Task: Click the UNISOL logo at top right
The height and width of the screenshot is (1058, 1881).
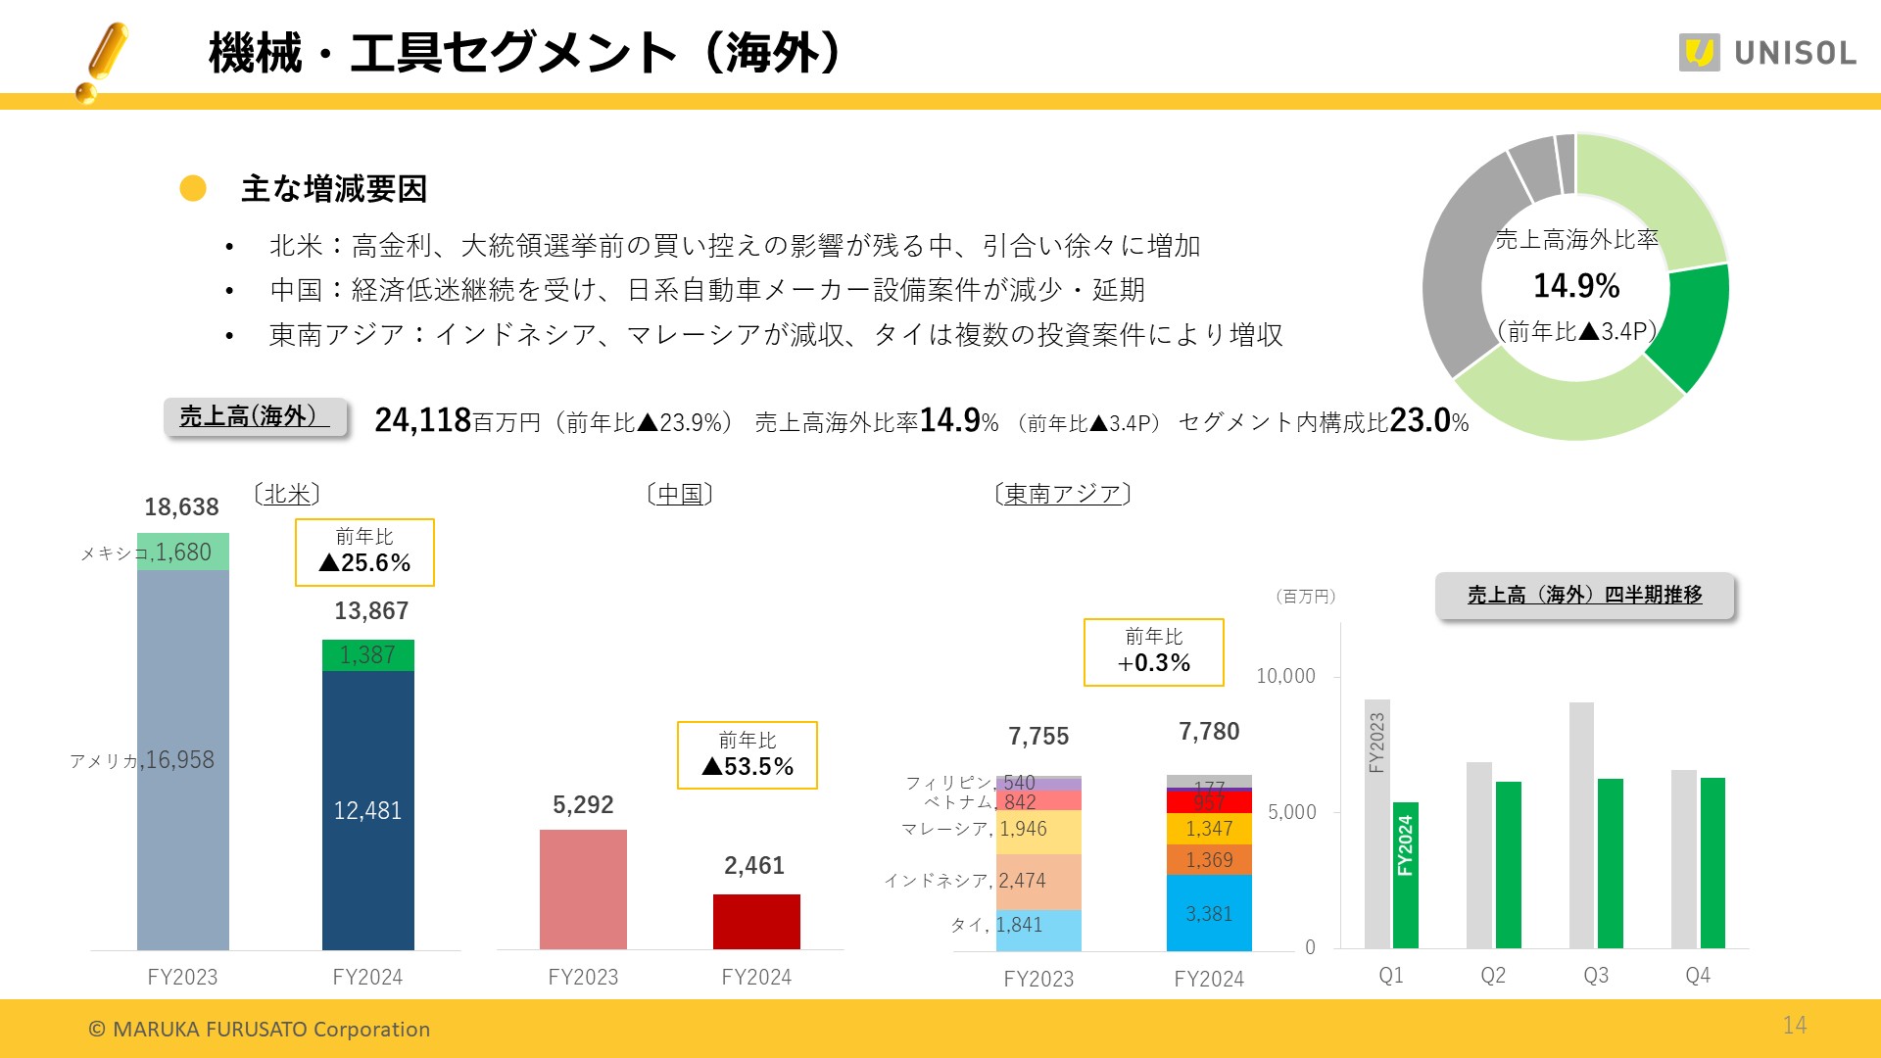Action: pyautogui.click(x=1767, y=52)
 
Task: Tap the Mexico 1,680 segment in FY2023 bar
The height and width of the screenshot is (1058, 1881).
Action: pyautogui.click(x=183, y=552)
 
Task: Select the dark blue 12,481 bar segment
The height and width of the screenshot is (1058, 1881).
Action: pyautogui.click(x=367, y=809)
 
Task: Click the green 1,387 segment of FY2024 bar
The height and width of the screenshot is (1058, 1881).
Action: pyautogui.click(x=367, y=654)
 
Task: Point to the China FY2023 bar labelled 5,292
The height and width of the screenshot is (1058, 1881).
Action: pyautogui.click(x=583, y=889)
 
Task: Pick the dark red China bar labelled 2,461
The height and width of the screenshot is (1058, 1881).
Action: pyautogui.click(x=756, y=921)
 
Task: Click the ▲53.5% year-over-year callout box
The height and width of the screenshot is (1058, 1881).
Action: pyautogui.click(x=747, y=755)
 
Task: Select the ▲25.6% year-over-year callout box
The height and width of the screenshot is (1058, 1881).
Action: pyautogui.click(x=364, y=553)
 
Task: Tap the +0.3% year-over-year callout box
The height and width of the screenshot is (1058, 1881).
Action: pyautogui.click(x=1153, y=652)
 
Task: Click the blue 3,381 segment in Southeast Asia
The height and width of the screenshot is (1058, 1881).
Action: pyautogui.click(x=1209, y=913)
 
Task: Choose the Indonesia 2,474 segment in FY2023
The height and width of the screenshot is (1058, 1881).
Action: pyautogui.click(x=1038, y=881)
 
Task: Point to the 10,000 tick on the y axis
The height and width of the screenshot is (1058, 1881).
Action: pyautogui.click(x=1285, y=676)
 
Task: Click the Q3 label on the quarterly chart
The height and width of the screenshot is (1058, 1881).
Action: pyautogui.click(x=1596, y=976)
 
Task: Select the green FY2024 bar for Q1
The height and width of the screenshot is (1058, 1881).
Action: pyautogui.click(x=1406, y=874)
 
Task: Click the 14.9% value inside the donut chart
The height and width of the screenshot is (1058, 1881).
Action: pyautogui.click(x=1575, y=286)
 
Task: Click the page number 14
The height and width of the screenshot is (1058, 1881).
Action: pyautogui.click(x=1794, y=1025)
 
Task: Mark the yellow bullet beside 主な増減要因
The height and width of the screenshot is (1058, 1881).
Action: pyautogui.click(x=193, y=188)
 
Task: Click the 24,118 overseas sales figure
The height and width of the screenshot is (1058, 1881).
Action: pyautogui.click(x=423, y=420)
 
